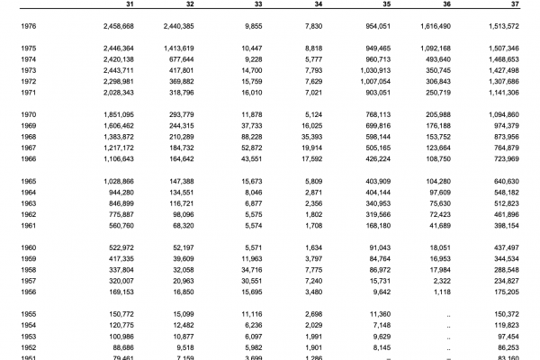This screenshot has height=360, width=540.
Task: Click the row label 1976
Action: (x=28, y=27)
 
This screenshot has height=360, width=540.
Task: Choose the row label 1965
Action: (x=28, y=182)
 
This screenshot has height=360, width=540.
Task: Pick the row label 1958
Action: (x=28, y=268)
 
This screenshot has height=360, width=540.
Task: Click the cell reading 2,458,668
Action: (x=115, y=27)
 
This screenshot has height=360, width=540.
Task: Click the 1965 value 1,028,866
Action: (x=115, y=182)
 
